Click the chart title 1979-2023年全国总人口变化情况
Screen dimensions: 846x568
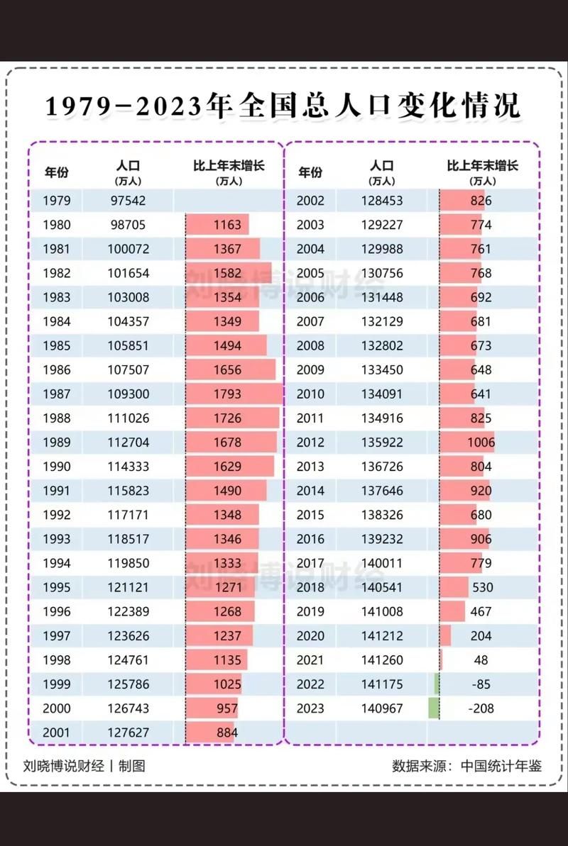point(283,106)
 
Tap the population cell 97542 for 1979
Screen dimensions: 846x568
point(128,201)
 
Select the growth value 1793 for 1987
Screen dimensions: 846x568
point(227,394)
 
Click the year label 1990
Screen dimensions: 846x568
point(57,467)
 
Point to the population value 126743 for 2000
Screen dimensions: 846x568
point(128,708)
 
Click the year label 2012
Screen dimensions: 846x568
point(310,443)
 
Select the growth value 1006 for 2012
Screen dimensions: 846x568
point(481,443)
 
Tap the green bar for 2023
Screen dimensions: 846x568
point(433,708)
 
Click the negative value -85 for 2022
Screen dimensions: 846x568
point(481,684)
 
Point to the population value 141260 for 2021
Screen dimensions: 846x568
point(382,660)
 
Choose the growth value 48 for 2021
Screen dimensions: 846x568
point(481,660)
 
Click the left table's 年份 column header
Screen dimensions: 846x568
point(57,172)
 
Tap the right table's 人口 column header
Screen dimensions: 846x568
point(382,167)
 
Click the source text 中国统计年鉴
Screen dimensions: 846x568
point(501,767)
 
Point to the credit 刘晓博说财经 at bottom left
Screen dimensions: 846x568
point(64,767)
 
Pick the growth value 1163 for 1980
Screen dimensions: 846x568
point(227,225)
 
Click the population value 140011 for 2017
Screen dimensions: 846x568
point(382,564)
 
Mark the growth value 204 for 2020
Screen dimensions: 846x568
point(481,636)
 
